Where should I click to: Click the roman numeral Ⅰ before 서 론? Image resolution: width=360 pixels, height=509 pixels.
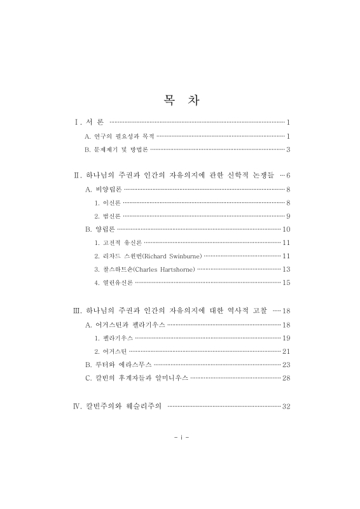[x=77, y=122]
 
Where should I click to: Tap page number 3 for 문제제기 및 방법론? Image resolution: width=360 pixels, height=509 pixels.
[x=288, y=150]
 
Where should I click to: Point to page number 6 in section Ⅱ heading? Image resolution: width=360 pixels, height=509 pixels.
[x=288, y=174]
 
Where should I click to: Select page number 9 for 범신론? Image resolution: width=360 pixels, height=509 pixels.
[x=288, y=216]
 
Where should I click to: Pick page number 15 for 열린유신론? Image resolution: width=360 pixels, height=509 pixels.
[x=286, y=282]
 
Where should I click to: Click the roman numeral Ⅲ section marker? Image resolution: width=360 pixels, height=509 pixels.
[x=78, y=310]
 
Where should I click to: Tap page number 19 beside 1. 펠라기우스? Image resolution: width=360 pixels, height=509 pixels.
[x=286, y=338]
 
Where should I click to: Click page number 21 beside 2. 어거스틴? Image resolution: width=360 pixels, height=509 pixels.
[x=286, y=351]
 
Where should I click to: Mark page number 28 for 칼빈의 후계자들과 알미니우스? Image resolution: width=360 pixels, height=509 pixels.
[x=286, y=378]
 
